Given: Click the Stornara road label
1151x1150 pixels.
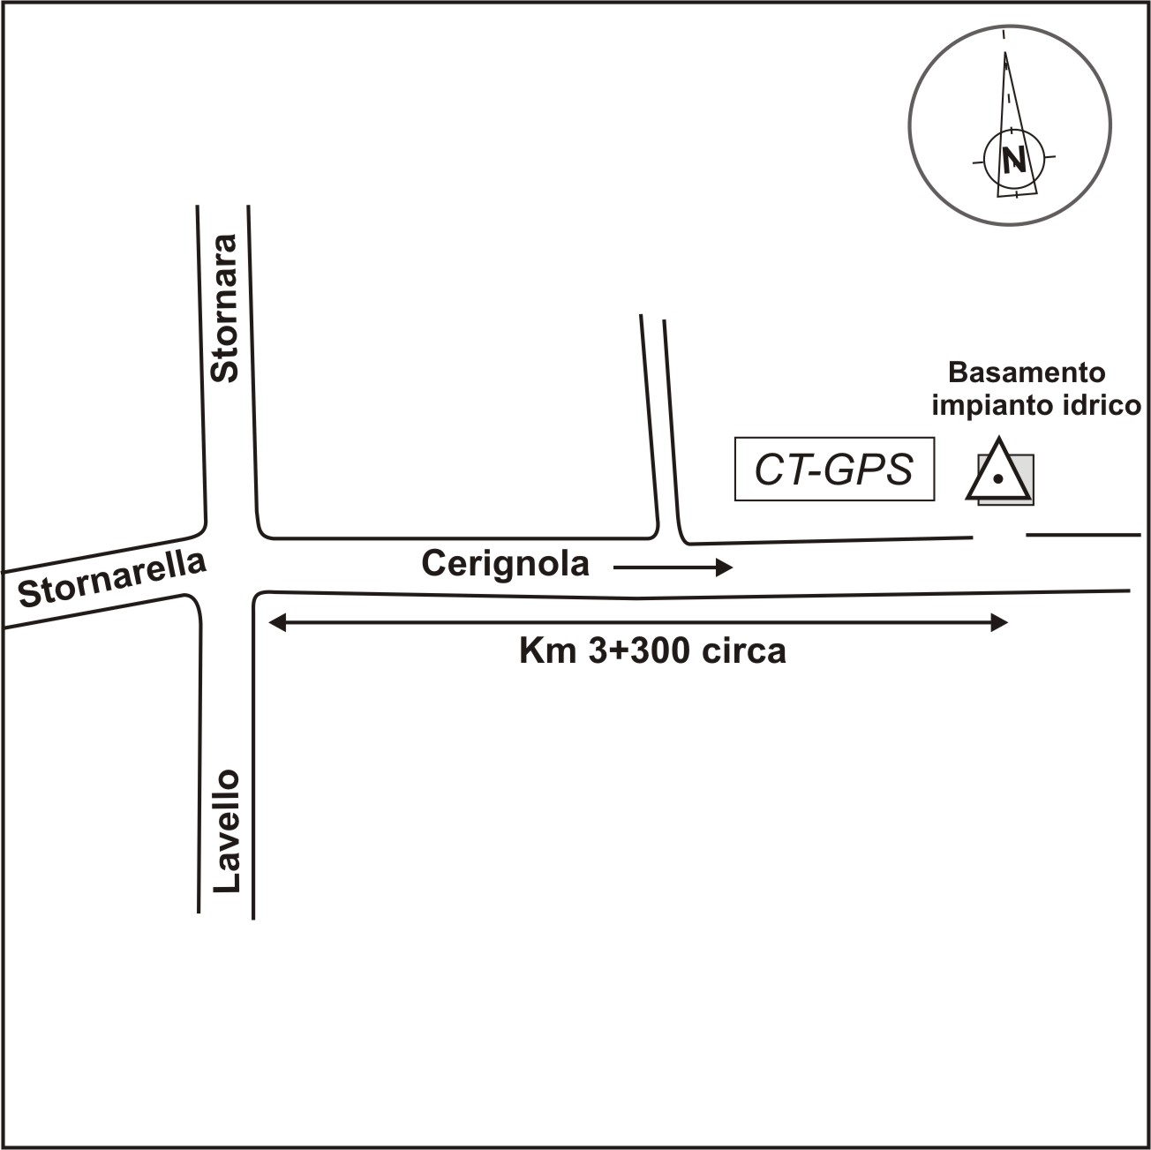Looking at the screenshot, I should [x=225, y=308].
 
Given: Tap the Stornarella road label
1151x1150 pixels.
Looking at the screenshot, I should [x=112, y=580].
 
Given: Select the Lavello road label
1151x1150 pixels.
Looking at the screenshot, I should [x=227, y=831].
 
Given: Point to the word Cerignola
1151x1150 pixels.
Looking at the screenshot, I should [x=505, y=563].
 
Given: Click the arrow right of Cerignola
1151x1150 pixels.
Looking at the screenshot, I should [x=673, y=567].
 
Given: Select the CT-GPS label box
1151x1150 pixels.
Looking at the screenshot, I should [x=834, y=470].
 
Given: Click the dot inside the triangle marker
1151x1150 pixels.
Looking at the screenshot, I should [x=997, y=479].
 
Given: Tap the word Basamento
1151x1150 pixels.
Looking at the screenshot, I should [x=1027, y=372].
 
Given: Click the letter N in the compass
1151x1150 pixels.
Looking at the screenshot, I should [x=1014, y=162].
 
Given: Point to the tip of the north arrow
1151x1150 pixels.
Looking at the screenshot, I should [x=1005, y=53].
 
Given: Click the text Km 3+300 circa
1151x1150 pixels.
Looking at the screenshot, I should [x=651, y=651].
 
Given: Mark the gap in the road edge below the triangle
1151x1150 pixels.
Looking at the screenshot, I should [x=999, y=535].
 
